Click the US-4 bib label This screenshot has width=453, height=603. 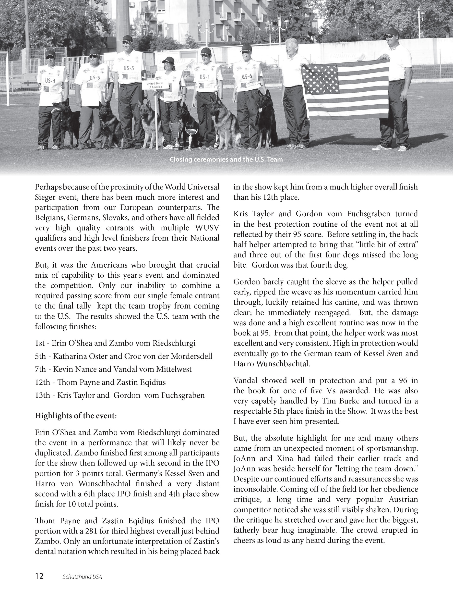click(x=50, y=80)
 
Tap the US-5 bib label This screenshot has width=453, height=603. click(x=95, y=78)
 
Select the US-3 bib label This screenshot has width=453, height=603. click(x=129, y=68)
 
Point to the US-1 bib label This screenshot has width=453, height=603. click(x=204, y=77)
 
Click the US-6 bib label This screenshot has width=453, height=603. click(x=247, y=76)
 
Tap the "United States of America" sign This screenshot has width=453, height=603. click(x=154, y=85)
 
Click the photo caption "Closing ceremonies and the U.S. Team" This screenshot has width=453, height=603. click(x=226, y=160)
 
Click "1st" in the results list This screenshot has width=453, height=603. click(x=41, y=343)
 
